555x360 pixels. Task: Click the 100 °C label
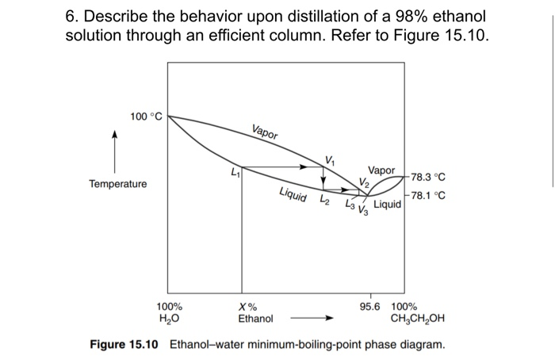click(x=146, y=117)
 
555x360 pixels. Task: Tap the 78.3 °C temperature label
click(x=429, y=178)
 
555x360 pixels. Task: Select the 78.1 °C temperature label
click(x=429, y=195)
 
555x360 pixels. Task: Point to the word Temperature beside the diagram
click(x=117, y=184)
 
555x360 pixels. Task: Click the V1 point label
click(x=330, y=162)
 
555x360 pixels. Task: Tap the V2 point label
click(x=364, y=183)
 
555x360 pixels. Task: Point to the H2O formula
click(x=168, y=319)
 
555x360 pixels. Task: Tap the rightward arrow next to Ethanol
click(x=312, y=319)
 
